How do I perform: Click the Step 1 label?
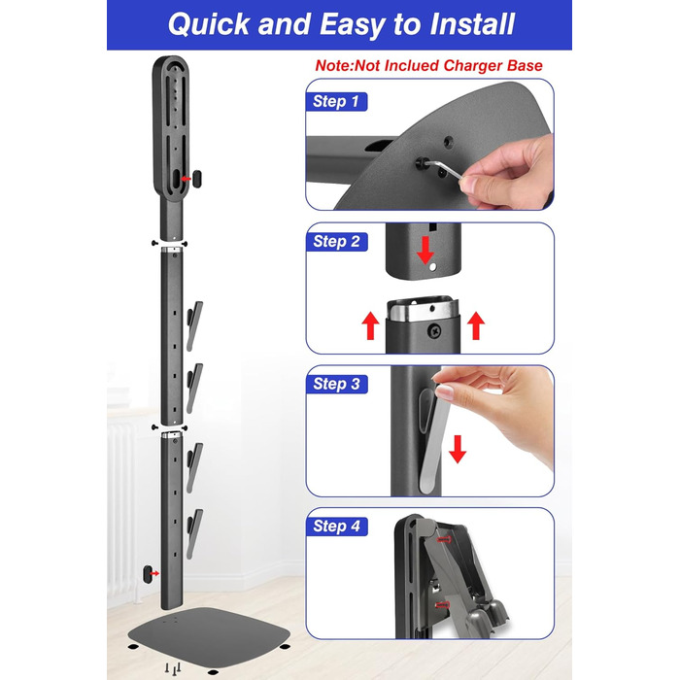[336, 101]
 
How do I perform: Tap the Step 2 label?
[336, 242]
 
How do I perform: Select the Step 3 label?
[336, 384]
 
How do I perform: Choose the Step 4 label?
[336, 527]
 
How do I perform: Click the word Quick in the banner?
[209, 24]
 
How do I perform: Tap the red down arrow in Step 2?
[425, 251]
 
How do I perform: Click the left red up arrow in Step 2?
[370, 325]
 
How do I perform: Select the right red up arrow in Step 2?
[476, 325]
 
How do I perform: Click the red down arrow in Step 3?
[458, 449]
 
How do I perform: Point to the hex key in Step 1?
[445, 168]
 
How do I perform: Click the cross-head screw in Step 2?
[434, 330]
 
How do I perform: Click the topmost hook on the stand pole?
[194, 325]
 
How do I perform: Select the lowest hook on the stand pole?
[194, 534]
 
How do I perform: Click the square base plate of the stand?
[209, 637]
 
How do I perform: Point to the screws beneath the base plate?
[173, 668]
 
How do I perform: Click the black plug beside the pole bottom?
[148, 574]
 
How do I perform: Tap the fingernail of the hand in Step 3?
[445, 391]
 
